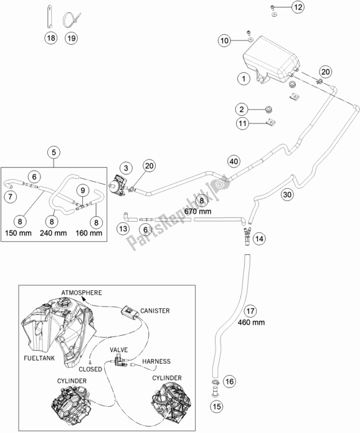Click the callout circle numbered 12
click(x=298, y=7)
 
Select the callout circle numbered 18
click(x=51, y=38)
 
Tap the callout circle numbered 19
click(x=71, y=38)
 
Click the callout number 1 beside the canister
click(x=244, y=79)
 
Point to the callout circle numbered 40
click(x=234, y=161)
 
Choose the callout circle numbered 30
click(x=287, y=194)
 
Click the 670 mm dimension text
click(x=197, y=212)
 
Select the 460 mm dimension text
click(x=251, y=322)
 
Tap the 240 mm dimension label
click(x=54, y=234)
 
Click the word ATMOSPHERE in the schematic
click(x=82, y=293)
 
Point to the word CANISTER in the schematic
click(x=155, y=311)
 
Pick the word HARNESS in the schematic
click(x=156, y=361)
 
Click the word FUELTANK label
click(x=39, y=358)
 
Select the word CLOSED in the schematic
click(x=90, y=369)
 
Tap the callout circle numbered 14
click(x=259, y=239)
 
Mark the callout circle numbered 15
click(x=217, y=406)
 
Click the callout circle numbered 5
click(x=54, y=152)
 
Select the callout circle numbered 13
click(x=123, y=229)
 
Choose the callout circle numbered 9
click(x=83, y=190)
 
